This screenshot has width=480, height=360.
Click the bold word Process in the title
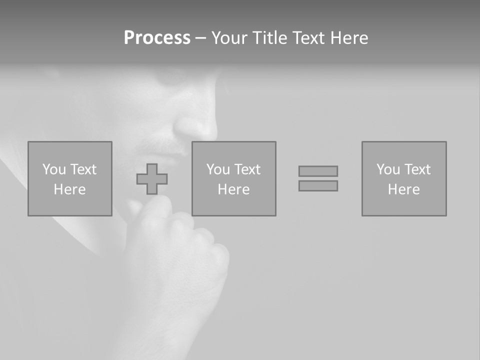click(157, 38)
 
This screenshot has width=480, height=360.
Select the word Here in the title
click(349, 38)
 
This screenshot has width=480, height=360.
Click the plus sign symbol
click(152, 179)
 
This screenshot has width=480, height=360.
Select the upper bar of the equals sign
click(318, 171)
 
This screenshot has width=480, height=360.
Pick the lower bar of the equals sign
click(318, 186)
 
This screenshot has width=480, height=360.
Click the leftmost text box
click(69, 178)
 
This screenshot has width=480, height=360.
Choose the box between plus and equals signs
click(233, 178)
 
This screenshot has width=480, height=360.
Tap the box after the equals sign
click(403, 178)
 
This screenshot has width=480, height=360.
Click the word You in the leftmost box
click(54, 169)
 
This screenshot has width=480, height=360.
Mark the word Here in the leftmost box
click(69, 189)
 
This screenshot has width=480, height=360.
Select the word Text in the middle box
click(247, 169)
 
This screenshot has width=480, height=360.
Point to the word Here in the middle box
click(233, 189)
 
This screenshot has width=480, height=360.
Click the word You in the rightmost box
click(388, 169)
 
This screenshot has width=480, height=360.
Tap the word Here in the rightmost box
click(403, 189)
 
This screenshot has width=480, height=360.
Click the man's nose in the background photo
click(200, 125)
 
